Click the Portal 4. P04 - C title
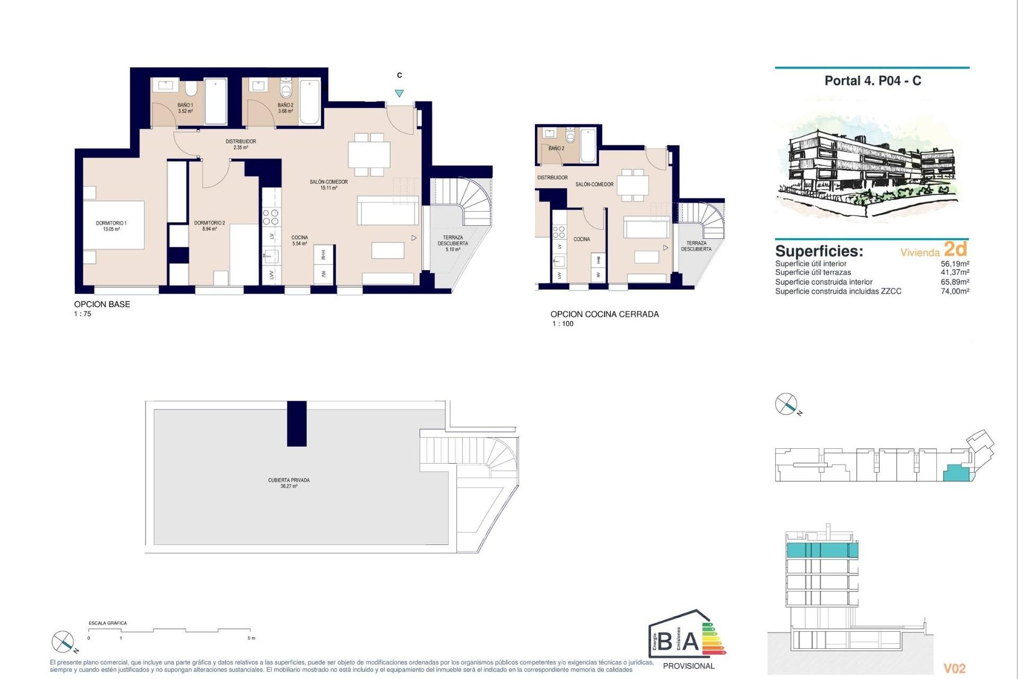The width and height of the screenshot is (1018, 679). point(873,81)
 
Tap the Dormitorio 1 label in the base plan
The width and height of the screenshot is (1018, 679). point(111,226)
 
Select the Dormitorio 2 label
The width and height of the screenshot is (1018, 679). point(209,226)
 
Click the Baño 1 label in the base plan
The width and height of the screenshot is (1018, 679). point(185,108)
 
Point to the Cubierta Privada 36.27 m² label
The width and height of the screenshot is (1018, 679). point(289,483)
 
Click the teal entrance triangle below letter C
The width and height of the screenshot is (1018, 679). point(399,93)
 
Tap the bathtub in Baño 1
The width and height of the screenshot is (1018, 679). point(216,101)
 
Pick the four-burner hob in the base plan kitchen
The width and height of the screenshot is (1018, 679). point(271,217)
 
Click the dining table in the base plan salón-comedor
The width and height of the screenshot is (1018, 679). point(369,154)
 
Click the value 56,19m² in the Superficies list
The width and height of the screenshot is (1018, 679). point(955,264)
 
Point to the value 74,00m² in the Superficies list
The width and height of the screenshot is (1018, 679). point(955,291)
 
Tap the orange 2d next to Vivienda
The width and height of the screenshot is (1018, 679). point(955,249)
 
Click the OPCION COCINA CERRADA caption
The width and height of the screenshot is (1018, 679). point(604,314)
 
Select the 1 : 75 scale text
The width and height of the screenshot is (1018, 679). point(83,314)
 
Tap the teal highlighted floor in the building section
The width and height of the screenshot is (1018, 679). point(821,550)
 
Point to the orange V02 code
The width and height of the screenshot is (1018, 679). point(954,668)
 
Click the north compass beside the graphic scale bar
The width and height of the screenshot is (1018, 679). point(63,642)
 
